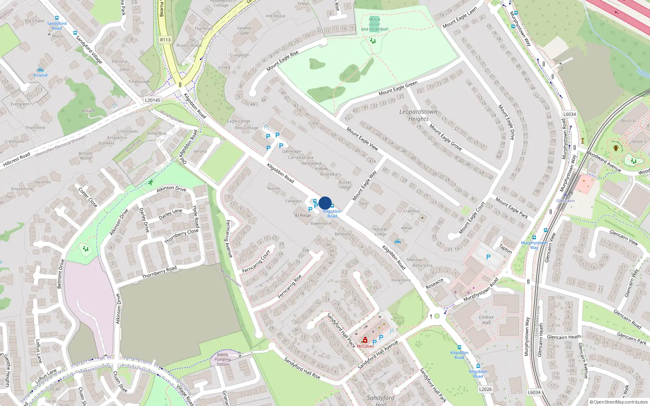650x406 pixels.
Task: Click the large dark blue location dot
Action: [325, 203]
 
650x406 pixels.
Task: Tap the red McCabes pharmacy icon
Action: [365, 340]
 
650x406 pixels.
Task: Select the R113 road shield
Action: [165, 40]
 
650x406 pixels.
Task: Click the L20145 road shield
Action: [153, 100]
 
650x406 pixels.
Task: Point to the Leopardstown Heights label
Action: [418, 115]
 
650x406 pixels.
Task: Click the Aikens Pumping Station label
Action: [223, 359]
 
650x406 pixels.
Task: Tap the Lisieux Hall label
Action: [486, 320]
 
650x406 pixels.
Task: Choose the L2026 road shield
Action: [485, 389]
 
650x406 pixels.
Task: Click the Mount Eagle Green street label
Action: [398, 88]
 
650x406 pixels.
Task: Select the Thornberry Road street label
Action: [159, 272]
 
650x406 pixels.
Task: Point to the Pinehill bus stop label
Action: [41, 75]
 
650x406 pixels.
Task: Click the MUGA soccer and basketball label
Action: [375, 24]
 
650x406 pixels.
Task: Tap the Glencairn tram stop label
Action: [565, 201]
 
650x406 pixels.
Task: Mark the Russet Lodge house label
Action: [345, 185]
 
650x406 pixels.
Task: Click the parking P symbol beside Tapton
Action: [488, 257]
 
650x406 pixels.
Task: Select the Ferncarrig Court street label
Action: [256, 262]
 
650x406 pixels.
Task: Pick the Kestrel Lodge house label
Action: [380, 231]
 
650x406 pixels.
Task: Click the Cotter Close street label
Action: [88, 197]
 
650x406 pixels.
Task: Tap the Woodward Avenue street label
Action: [604, 162]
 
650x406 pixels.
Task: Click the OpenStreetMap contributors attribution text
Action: [619, 402]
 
